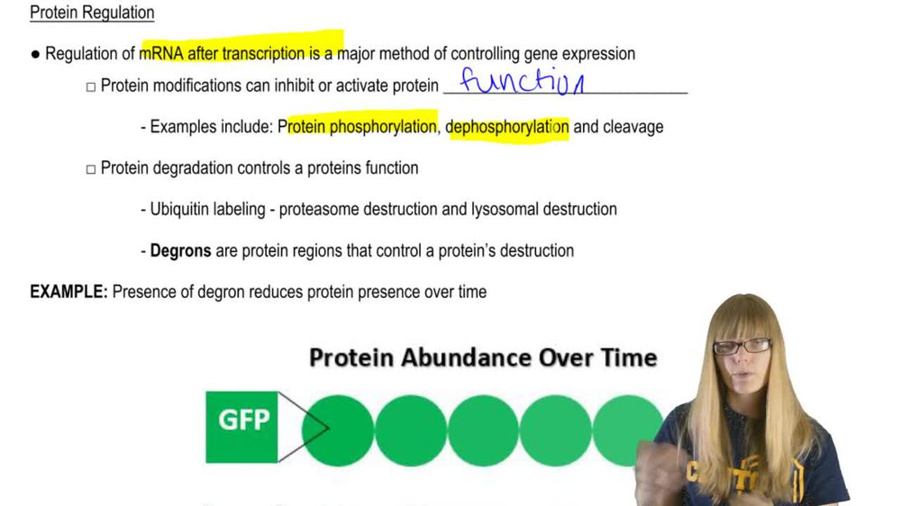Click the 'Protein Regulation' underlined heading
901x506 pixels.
pyautogui.click(x=92, y=13)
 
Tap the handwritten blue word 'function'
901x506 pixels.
pyautogui.click(x=522, y=83)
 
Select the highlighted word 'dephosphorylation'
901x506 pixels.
pyautogui.click(x=507, y=127)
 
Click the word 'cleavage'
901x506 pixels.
pyautogui.click(x=633, y=127)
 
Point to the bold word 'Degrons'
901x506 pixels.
pyautogui.click(x=180, y=250)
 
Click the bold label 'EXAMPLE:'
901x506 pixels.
pyautogui.click(x=68, y=292)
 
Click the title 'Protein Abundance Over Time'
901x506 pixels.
pyautogui.click(x=483, y=357)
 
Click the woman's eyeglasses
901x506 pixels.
pyautogui.click(x=742, y=346)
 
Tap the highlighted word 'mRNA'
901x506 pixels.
pyautogui.click(x=161, y=54)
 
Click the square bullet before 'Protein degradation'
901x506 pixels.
pyautogui.click(x=90, y=168)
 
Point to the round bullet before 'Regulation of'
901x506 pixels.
pyautogui.click(x=35, y=54)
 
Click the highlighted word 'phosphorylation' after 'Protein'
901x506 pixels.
pyautogui.click(x=382, y=127)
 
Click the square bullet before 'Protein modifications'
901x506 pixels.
pyautogui.click(x=90, y=87)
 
